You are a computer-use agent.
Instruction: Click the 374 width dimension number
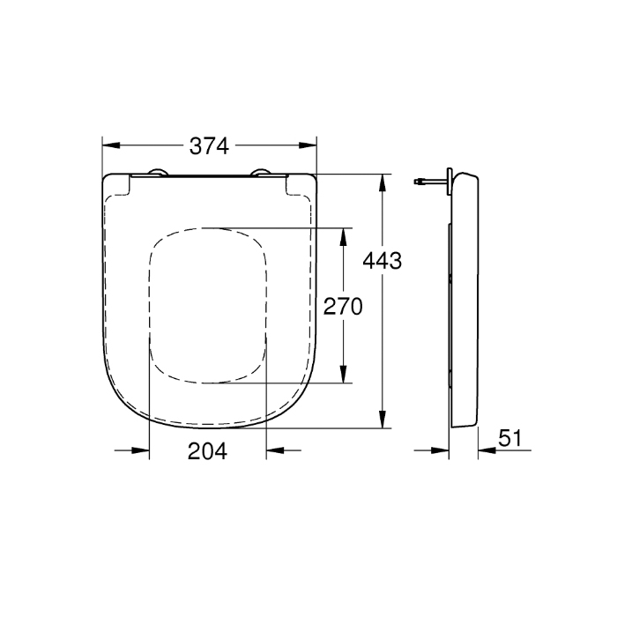[x=210, y=146]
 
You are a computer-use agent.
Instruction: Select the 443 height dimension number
[x=383, y=261]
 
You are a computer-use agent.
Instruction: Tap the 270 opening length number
[x=344, y=307]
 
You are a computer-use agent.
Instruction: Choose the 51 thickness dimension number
[x=511, y=438]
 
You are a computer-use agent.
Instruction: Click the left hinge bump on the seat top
[x=158, y=172]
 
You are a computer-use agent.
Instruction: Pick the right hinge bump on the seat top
[x=261, y=172]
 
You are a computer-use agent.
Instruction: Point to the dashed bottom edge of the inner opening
[x=208, y=383]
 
